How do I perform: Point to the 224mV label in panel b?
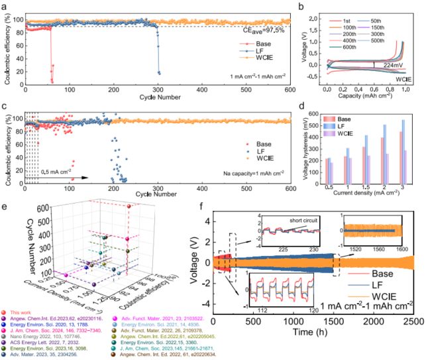(x=388, y=65)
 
